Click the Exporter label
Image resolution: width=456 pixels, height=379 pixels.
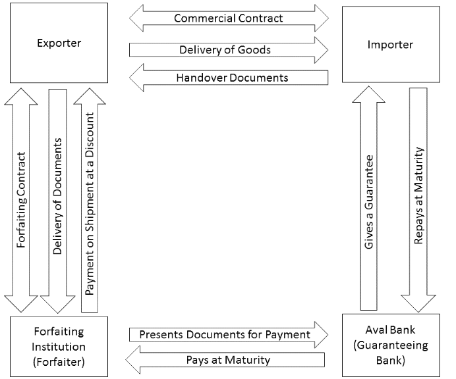[x=59, y=44]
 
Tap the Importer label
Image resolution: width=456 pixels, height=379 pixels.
[x=391, y=45]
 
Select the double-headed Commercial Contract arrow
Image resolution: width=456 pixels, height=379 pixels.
[x=229, y=18]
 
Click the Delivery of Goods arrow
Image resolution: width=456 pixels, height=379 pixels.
[x=224, y=49]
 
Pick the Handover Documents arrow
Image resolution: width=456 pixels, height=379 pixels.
[x=231, y=78]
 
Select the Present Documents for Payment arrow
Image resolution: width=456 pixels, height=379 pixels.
[x=224, y=335]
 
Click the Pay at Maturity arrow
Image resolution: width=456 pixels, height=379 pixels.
[x=231, y=360]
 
